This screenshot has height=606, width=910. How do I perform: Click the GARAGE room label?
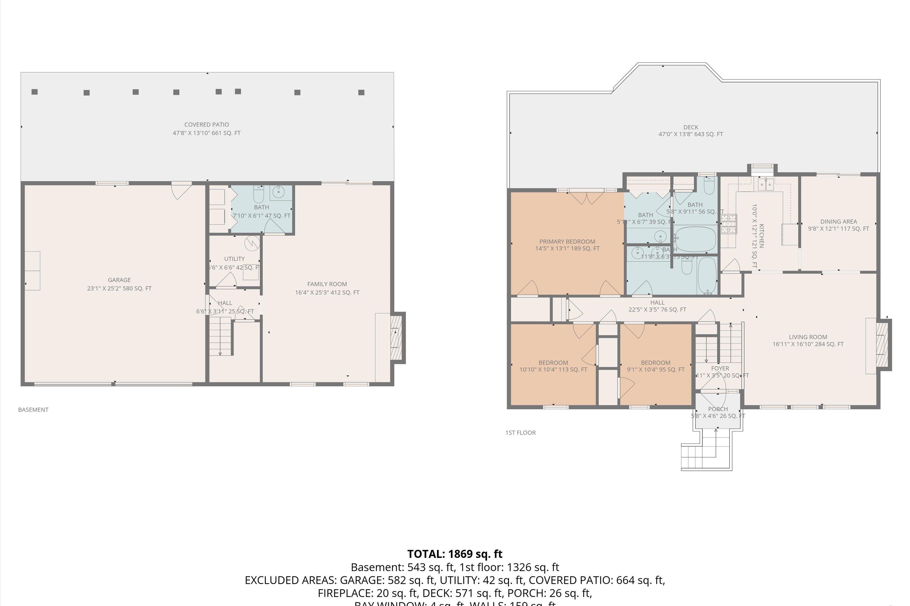(119, 280)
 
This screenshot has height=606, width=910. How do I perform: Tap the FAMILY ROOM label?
(327, 284)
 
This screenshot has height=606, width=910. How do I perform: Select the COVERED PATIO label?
(206, 125)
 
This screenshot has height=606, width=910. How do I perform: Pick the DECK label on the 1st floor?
(691, 127)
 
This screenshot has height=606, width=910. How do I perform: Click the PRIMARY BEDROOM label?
(567, 241)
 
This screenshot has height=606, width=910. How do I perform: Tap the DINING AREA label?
(838, 221)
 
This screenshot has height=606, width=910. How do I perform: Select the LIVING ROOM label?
(808, 337)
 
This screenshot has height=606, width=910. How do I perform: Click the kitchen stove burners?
(728, 224)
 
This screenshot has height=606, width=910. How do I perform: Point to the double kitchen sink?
(765, 185)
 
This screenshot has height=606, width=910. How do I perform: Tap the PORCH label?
(718, 409)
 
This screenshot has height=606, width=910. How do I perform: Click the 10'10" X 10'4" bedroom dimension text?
(553, 369)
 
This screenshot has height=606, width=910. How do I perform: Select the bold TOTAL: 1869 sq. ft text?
(455, 554)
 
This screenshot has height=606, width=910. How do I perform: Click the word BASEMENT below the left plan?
(33, 410)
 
